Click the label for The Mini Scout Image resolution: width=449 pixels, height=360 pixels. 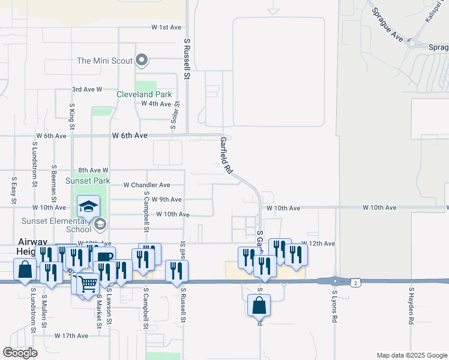pos(104,61)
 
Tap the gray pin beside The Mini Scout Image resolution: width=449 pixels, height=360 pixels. pos(142,59)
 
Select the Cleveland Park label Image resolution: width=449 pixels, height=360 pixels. pos(145,94)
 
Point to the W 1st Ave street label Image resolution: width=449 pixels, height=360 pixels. pos(166,28)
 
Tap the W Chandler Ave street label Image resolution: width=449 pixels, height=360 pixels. pos(147,185)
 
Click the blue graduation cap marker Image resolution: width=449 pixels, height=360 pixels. pos(88,207)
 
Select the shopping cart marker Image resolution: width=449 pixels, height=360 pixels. pos(88,283)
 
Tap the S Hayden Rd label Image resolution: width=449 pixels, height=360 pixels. pos(412,305)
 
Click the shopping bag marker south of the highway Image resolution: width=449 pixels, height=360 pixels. pos(259,305)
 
